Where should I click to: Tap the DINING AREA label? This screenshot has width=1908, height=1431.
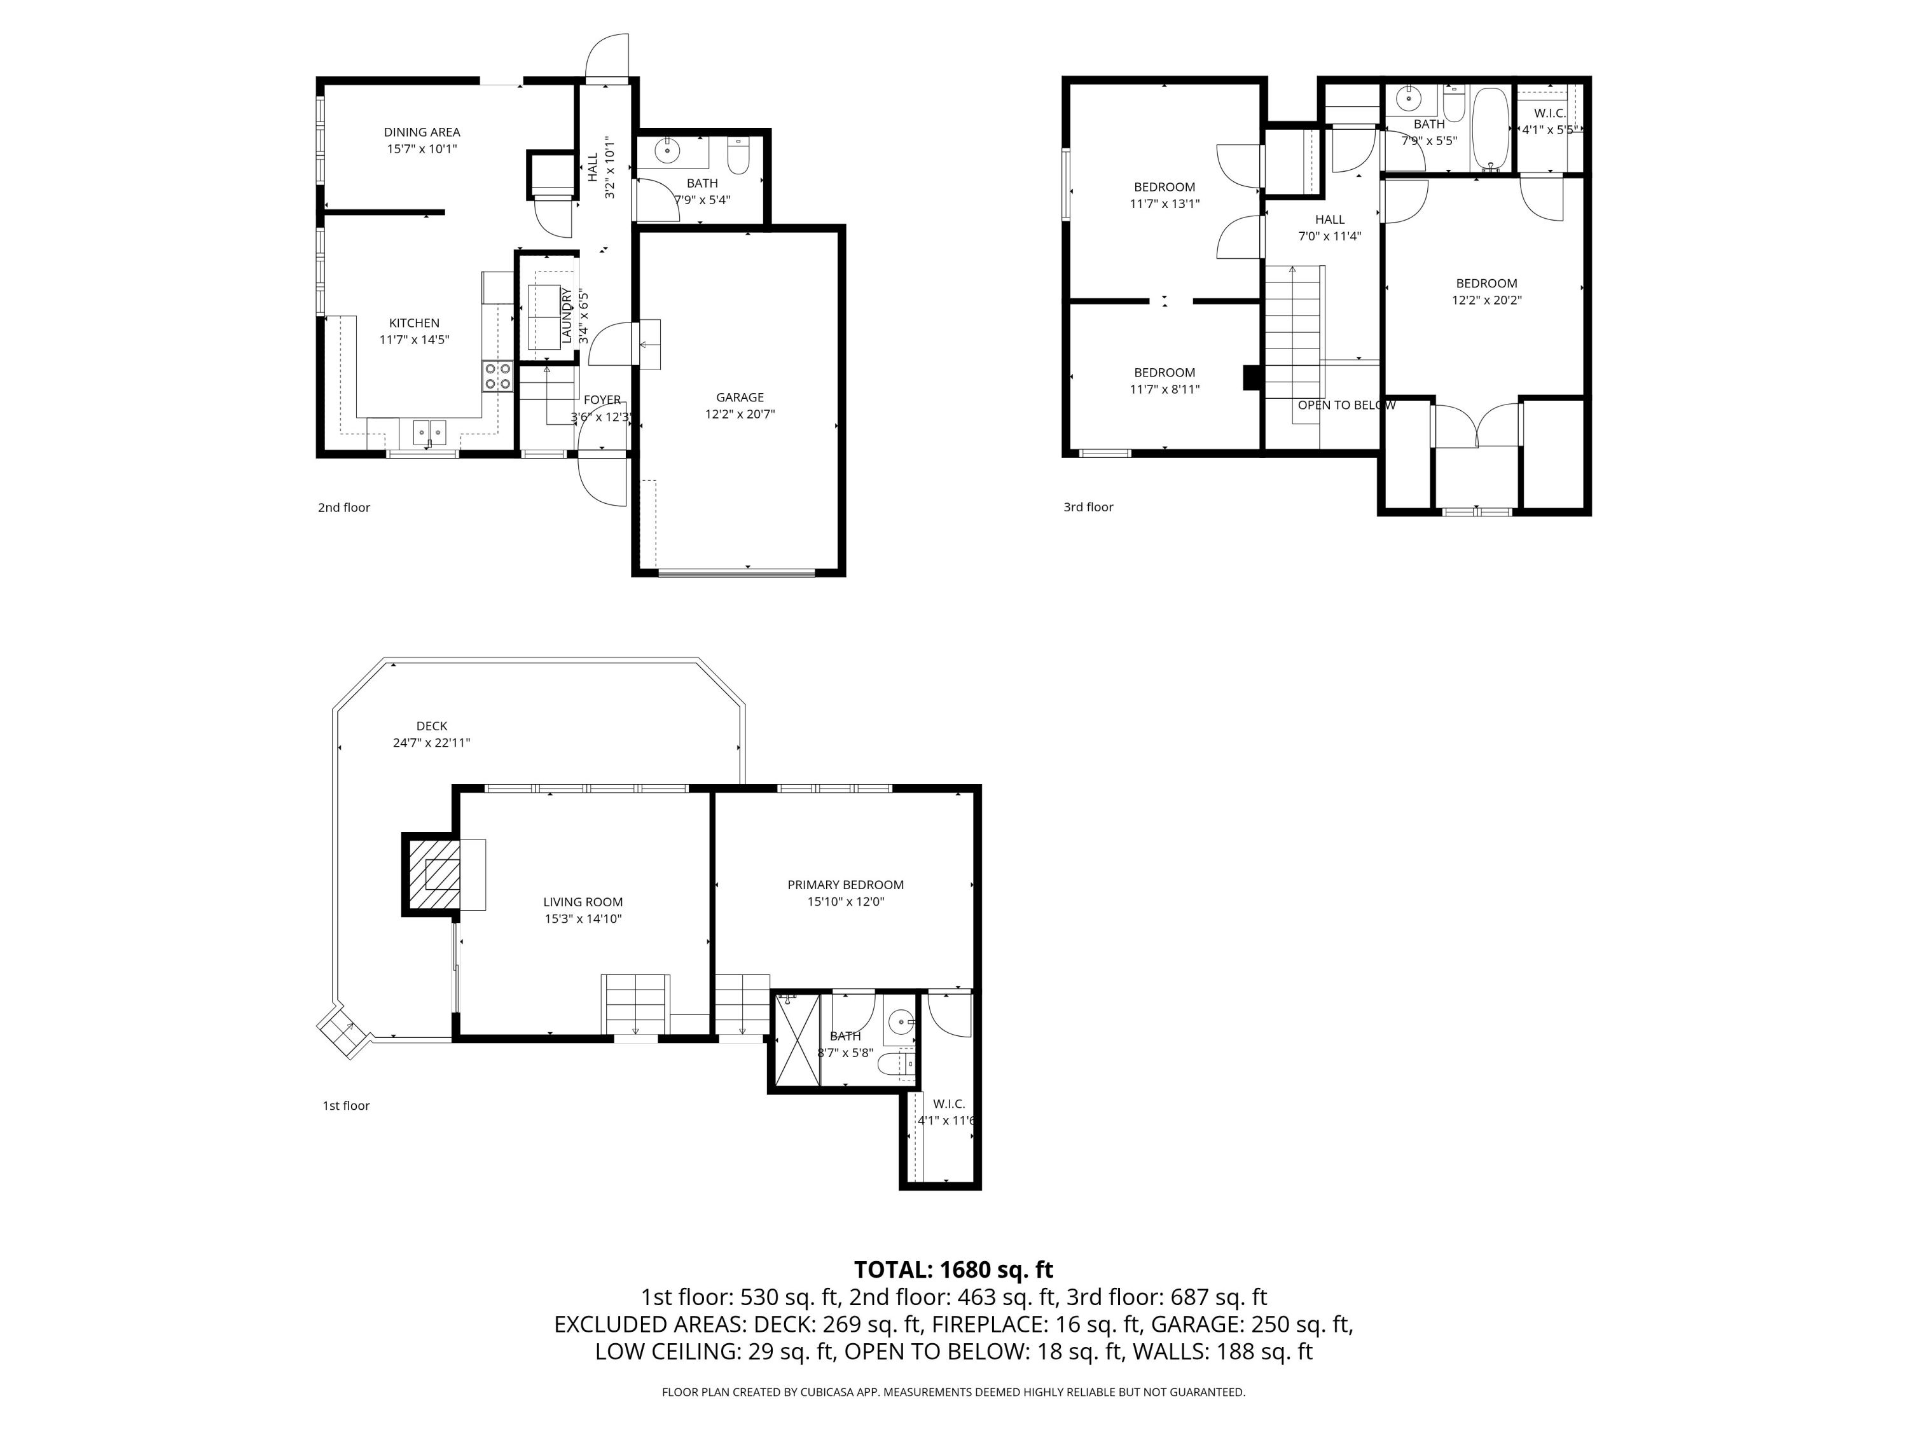point(422,132)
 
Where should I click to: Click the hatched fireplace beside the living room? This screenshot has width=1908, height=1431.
point(434,873)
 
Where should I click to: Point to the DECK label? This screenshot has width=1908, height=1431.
point(431,726)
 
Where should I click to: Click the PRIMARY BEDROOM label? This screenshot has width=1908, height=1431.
point(845,885)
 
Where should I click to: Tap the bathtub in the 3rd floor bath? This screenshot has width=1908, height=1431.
point(1490,128)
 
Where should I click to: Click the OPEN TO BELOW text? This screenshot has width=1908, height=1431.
point(1346,405)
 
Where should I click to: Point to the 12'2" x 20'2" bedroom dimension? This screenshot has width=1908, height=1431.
point(1486,300)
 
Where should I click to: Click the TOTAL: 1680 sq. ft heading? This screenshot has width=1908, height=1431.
point(953,1269)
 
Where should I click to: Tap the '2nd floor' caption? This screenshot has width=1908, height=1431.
point(343,507)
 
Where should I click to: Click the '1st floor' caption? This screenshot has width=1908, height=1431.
point(346,1106)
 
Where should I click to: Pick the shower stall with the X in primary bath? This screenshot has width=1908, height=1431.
point(797,1039)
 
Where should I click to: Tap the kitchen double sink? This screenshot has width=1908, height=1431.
point(429,431)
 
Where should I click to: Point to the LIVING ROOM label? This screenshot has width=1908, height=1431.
point(583,902)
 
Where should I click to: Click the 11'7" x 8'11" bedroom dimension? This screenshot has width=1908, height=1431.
point(1165,389)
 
